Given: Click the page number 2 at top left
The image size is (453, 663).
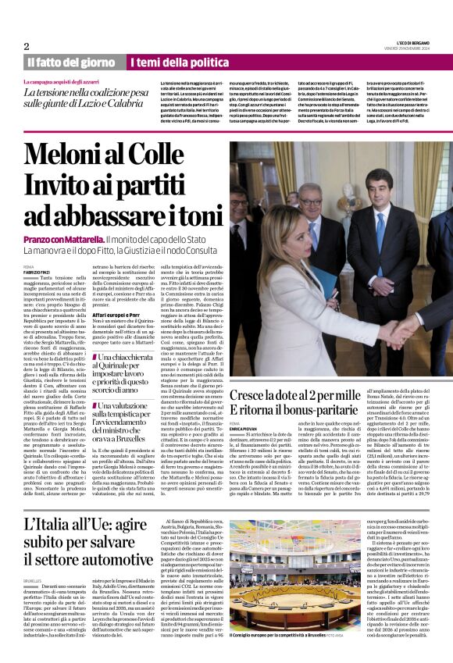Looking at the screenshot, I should tap(26, 46).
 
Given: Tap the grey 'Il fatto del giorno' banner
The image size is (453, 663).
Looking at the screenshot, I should tap(70, 62).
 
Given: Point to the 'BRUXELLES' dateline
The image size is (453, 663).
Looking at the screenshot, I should tap(32, 580).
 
